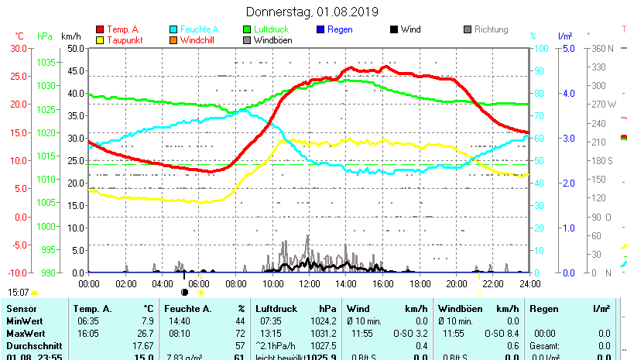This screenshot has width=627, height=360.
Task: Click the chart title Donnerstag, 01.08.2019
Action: pos(312,12)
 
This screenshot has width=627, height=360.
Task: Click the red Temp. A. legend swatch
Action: pos(100,30)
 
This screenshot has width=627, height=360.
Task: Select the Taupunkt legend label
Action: pos(125,40)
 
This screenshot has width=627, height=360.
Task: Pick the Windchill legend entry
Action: pos(198,40)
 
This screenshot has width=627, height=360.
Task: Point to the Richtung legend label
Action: pos(491,30)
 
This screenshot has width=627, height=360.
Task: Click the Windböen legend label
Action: pos(272,40)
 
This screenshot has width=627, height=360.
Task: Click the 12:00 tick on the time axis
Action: pos(309,283)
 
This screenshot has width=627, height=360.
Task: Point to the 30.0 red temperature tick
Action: pos(19,48)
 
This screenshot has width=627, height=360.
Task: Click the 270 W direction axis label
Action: pos(602,104)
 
